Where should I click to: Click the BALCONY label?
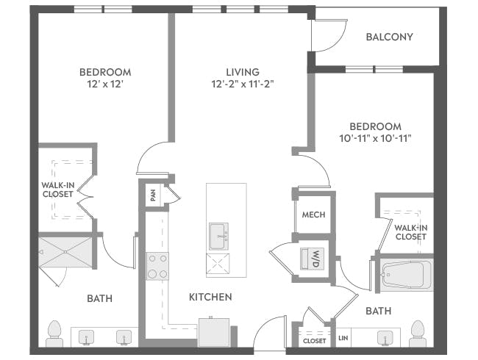[389, 37]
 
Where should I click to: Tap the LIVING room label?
[243, 72]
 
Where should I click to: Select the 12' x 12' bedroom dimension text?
[105, 85]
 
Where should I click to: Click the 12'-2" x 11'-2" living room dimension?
[243, 85]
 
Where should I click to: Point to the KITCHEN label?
[211, 297]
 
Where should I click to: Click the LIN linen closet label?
[343, 339]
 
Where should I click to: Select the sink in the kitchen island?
[218, 237]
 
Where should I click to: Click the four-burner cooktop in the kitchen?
[157, 266]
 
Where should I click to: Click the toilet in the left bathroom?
[54, 333]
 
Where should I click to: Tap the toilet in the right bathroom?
[418, 333]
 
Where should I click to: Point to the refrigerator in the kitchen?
[214, 332]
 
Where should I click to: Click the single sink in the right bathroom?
[384, 337]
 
